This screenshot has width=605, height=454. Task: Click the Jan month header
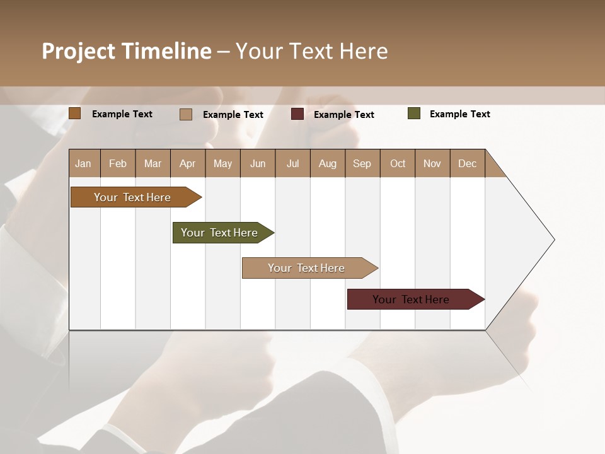[x=84, y=163]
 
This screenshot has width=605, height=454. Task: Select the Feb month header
[x=118, y=163]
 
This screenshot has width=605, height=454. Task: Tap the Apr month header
[x=188, y=163]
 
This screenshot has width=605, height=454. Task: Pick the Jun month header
[x=258, y=163]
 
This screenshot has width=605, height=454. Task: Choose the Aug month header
[x=328, y=163]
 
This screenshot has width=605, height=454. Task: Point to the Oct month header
[x=398, y=163]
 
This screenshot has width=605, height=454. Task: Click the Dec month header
[x=468, y=163]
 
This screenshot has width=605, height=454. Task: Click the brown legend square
[x=75, y=113]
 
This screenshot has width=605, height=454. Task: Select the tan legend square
[x=186, y=114]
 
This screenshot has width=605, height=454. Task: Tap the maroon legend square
[x=297, y=114]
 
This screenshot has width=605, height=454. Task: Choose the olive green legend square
[x=414, y=113]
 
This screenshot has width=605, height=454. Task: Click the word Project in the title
[x=79, y=52]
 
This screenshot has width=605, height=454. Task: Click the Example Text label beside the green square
[x=459, y=114]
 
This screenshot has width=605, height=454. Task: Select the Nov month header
[x=432, y=163]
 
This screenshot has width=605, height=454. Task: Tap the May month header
[x=222, y=163]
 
